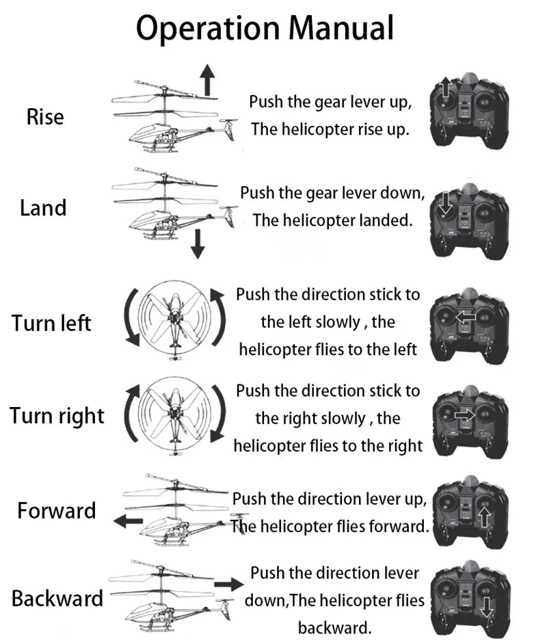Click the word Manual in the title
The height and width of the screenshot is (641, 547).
click(341, 28)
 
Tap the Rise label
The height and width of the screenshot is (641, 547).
click(45, 117)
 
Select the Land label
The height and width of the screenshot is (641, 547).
click(43, 207)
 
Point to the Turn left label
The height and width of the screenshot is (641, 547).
click(51, 322)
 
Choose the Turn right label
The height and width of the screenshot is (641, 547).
click(57, 415)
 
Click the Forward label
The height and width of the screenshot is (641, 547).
click(57, 510)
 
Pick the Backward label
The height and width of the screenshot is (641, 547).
click(57, 599)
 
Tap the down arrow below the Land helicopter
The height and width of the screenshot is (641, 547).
click(198, 244)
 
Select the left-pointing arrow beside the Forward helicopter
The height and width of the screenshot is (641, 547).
click(128, 521)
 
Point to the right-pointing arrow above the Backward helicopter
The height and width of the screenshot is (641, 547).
click(228, 584)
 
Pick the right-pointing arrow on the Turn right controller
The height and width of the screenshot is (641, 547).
click(464, 414)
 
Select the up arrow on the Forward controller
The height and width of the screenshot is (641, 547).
click(484, 515)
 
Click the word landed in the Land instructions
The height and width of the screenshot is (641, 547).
click(387, 220)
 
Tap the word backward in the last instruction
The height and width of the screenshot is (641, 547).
click(334, 627)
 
